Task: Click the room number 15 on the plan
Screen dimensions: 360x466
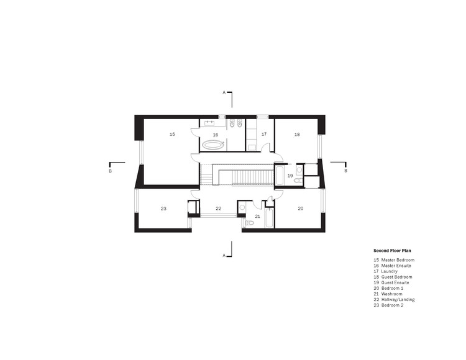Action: pyautogui.click(x=172, y=134)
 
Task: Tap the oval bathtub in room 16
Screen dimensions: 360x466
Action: pyautogui.click(x=214, y=146)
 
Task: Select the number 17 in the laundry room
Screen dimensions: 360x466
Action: pyautogui.click(x=263, y=134)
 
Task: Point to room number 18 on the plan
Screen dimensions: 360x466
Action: pyautogui.click(x=297, y=134)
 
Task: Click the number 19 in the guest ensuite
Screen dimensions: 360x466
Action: pyautogui.click(x=290, y=176)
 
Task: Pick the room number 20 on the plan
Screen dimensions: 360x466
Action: pyautogui.click(x=300, y=209)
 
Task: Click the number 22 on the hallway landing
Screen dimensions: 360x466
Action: pyautogui.click(x=218, y=209)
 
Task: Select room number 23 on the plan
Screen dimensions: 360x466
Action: pyautogui.click(x=163, y=209)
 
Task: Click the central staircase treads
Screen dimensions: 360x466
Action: pyautogui.click(x=251, y=178)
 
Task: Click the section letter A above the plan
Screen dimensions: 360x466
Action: pyautogui.click(x=224, y=92)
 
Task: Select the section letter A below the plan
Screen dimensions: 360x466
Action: pyautogui.click(x=224, y=255)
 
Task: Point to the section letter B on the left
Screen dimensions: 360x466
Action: pyautogui.click(x=110, y=170)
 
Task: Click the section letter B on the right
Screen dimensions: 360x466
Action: pyautogui.click(x=345, y=170)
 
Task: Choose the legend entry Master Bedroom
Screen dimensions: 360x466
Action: pyautogui.click(x=398, y=259)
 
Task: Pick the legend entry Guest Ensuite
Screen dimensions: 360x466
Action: pyautogui.click(x=395, y=282)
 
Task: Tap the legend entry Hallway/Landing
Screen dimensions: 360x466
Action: pyautogui.click(x=398, y=300)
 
